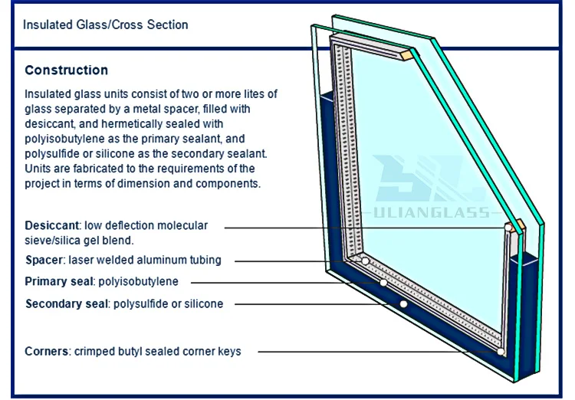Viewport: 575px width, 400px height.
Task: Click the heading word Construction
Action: point(66,70)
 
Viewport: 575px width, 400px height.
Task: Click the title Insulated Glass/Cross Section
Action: point(105,25)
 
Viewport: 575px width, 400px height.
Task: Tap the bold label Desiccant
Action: point(52,226)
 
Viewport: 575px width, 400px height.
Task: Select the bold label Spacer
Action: point(44,260)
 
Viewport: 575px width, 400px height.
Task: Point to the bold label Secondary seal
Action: point(67,303)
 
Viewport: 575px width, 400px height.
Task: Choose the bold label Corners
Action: point(48,351)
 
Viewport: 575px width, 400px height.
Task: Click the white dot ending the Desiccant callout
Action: point(507,228)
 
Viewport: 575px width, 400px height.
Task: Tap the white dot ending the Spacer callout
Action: point(366,261)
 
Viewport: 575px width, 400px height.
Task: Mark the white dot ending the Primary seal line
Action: point(383,283)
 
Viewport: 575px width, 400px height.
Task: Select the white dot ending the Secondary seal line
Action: point(402,304)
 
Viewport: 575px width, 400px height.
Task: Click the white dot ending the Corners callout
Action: point(500,352)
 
